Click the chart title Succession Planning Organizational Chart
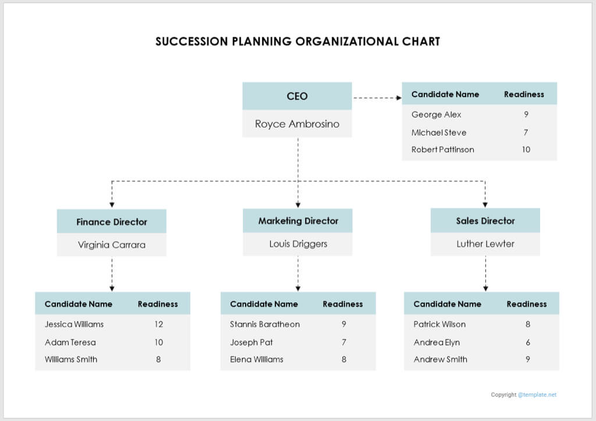pos(297,41)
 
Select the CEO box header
pos(297,96)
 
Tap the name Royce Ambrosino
pos(297,124)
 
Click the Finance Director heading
pos(112,222)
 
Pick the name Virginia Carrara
pos(112,245)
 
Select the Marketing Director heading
pos(298,221)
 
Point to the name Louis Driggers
pos(298,244)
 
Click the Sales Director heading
pos(485,221)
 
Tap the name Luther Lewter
pos(485,244)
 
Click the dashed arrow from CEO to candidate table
pos(377,98)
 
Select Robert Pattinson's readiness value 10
pos(526,150)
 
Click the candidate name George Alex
pos(436,115)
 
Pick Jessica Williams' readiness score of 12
pos(158,324)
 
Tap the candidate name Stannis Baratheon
pos(265,324)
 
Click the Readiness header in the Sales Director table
pos(526,304)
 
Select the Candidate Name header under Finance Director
pos(79,304)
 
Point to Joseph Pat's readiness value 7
pos(343,342)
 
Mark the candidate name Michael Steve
pos(438,133)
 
